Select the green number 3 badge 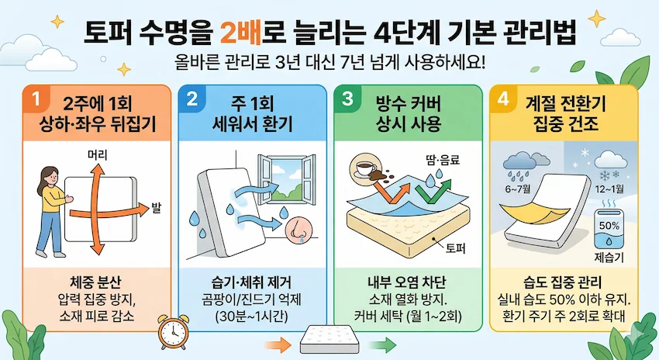click(x=347, y=100)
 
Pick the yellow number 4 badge click(x=504, y=100)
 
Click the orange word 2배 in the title click(x=240, y=33)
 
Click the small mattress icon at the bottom click(x=328, y=339)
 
